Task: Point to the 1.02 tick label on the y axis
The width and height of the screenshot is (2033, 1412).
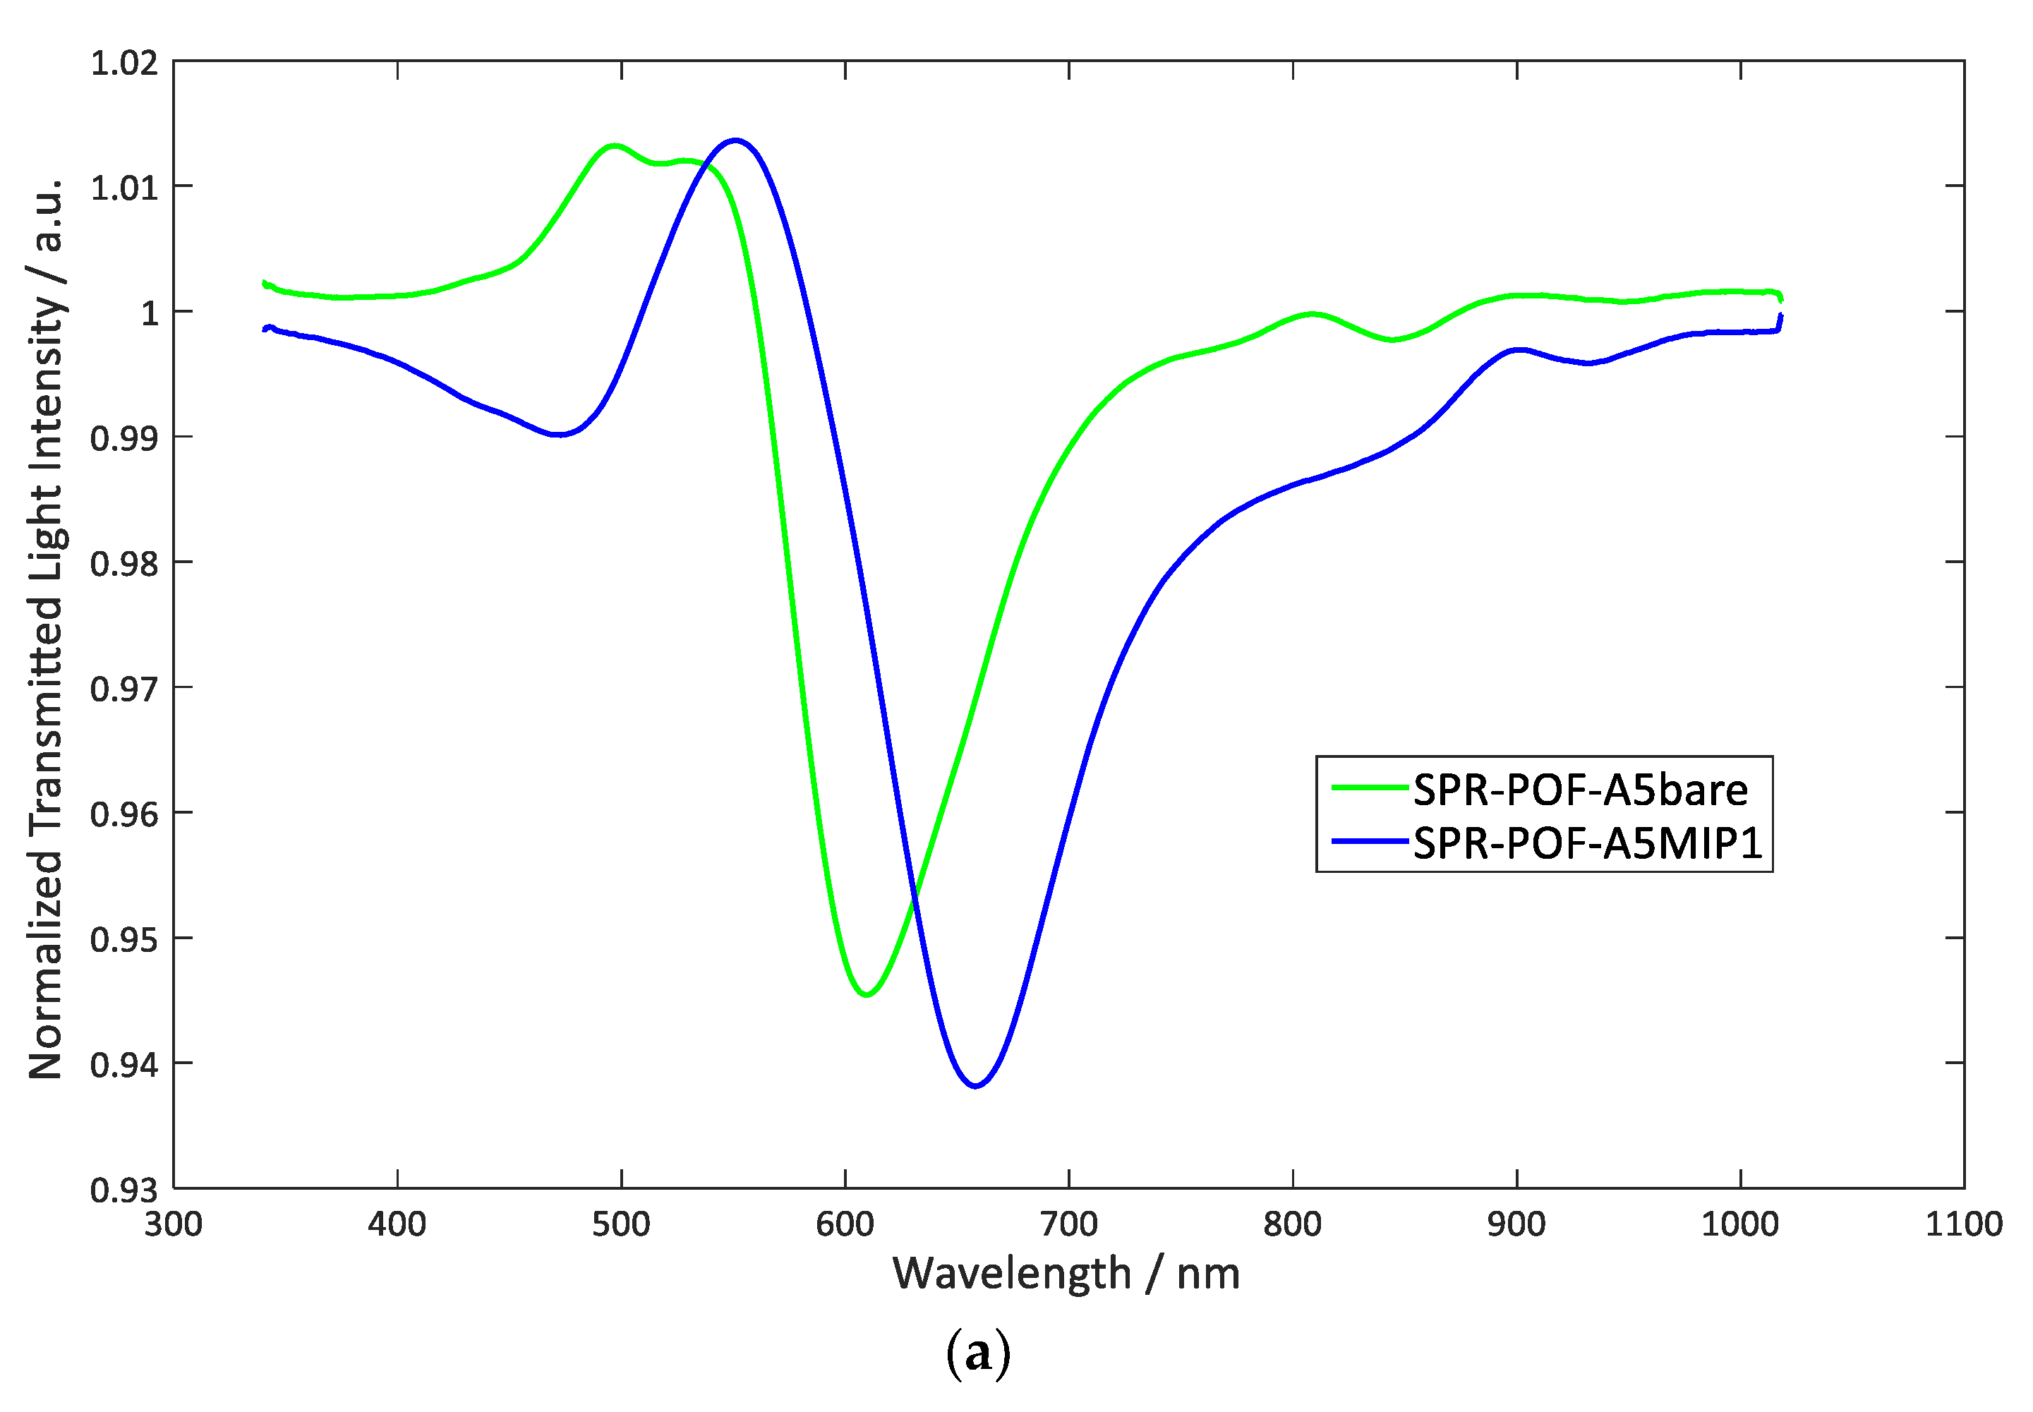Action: click(125, 64)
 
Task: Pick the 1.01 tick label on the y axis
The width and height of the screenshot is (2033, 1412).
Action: click(125, 188)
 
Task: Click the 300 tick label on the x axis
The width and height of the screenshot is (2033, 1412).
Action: click(174, 1224)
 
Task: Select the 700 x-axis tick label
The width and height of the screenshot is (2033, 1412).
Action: click(1068, 1224)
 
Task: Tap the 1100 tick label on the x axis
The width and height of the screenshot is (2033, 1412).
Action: click(1964, 1224)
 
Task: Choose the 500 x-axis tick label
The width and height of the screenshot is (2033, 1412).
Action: click(621, 1224)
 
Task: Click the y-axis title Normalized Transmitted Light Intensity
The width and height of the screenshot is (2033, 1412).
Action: click(46, 628)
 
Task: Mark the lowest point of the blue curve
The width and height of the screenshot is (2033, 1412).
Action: click(975, 1085)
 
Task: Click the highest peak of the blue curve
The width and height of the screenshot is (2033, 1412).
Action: click(735, 140)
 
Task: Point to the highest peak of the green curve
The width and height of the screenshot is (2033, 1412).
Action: click(614, 145)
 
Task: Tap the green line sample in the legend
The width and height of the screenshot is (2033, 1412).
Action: click(1370, 788)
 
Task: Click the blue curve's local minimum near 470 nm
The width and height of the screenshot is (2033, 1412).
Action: click(557, 435)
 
